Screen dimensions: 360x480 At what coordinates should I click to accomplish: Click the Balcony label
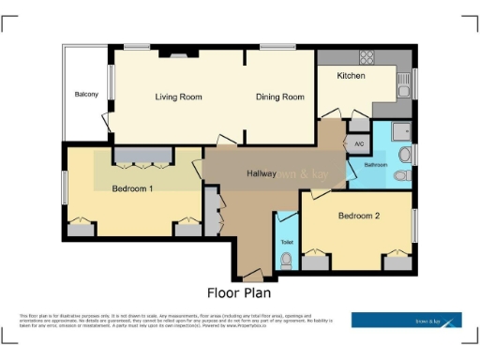tap(86, 95)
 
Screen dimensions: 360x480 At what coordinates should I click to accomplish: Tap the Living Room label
tap(179, 97)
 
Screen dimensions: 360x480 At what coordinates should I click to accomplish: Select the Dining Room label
tap(280, 97)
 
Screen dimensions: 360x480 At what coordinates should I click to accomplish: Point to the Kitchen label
tap(351, 76)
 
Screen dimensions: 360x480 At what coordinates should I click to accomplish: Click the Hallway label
tap(261, 174)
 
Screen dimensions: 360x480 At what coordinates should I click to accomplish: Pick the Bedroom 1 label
tap(132, 189)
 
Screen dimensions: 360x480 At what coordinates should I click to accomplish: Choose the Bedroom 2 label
tap(358, 217)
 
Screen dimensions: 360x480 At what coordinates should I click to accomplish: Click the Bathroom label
tap(376, 165)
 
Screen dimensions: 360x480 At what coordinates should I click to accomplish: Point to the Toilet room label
tap(287, 242)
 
